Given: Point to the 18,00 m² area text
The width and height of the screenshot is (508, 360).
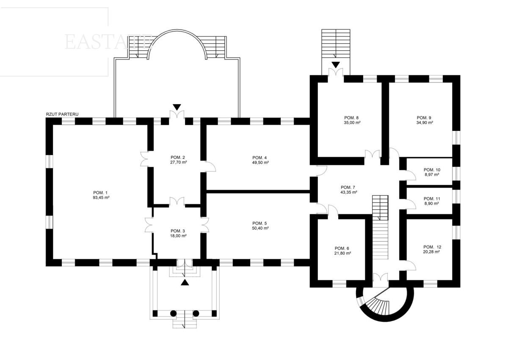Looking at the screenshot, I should click(x=178, y=236).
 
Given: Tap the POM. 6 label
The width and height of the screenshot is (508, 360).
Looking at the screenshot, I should click(x=342, y=248).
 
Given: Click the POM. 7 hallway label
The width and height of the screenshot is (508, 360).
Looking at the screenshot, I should click(x=349, y=187).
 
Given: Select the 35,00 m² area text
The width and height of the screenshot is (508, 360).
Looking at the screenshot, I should click(x=351, y=122).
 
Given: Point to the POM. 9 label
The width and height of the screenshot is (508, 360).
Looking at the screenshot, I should click(x=424, y=117).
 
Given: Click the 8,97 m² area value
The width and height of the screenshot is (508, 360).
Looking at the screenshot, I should click(x=431, y=174).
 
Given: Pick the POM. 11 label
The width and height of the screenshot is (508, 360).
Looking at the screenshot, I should click(x=432, y=198).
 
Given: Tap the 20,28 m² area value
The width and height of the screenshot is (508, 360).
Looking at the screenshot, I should click(x=431, y=252).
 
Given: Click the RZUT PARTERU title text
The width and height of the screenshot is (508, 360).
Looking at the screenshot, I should click(x=62, y=114).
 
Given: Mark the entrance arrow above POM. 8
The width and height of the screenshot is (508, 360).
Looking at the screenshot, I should click(x=336, y=65).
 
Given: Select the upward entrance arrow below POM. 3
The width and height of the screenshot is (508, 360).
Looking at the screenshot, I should click(x=185, y=282).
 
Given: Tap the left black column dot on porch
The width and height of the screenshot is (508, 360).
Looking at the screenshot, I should click(x=173, y=313).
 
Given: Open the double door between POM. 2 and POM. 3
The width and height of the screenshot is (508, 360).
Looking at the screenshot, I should click(x=177, y=203).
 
